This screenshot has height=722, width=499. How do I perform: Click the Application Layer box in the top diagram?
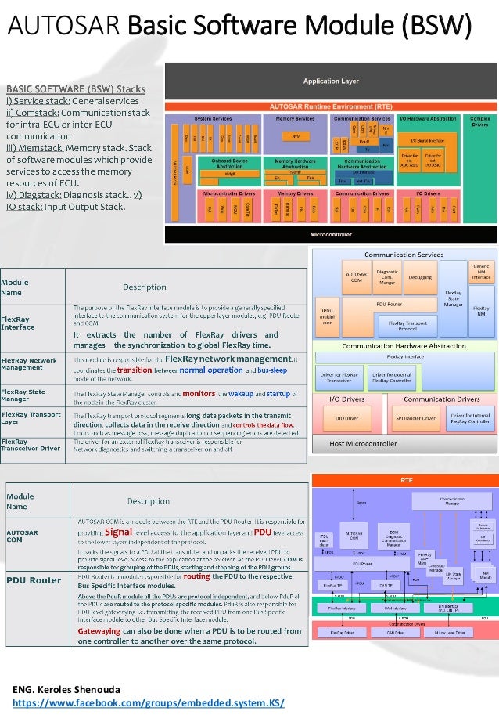click(331, 81)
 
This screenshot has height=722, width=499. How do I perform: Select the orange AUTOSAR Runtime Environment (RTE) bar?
click(331, 105)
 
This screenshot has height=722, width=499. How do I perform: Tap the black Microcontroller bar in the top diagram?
click(331, 233)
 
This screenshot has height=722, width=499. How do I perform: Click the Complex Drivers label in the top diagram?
click(481, 121)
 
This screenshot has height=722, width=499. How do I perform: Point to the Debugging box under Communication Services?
click(419, 276)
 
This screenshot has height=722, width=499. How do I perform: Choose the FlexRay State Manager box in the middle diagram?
click(453, 295)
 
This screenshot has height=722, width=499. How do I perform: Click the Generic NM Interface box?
click(481, 271)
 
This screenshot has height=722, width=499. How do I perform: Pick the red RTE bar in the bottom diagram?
click(405, 479)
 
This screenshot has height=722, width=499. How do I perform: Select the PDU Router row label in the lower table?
click(34, 580)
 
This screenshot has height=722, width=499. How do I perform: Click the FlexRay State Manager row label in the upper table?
click(23, 395)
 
